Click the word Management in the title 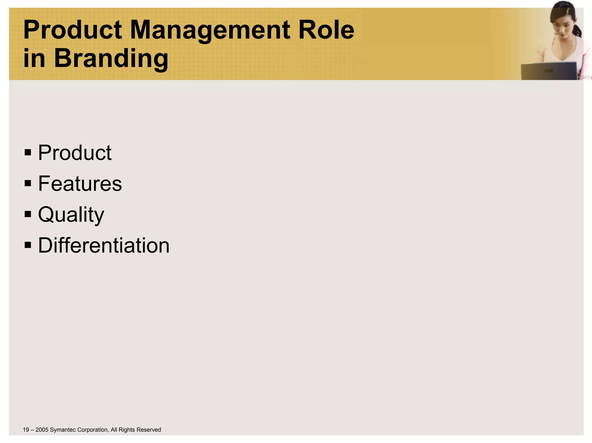point(210,30)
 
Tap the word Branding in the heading point(111,59)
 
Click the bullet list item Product point(75,153)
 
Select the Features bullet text point(80,184)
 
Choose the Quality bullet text point(71,215)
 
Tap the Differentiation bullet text point(103,246)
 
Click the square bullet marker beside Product point(28,152)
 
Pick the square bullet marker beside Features point(28,183)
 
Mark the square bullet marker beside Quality point(28,214)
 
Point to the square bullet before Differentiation point(28,245)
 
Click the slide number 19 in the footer point(26,430)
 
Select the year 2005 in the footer point(42,430)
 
